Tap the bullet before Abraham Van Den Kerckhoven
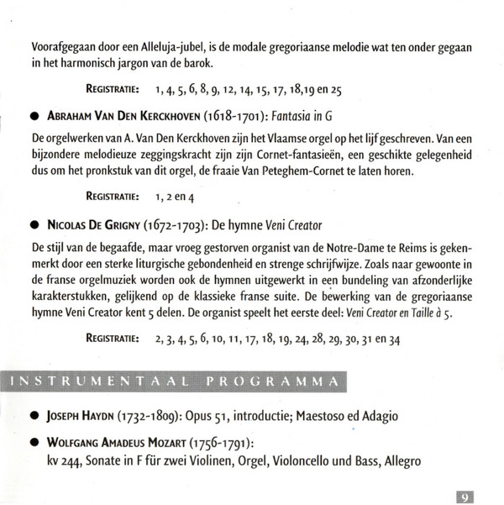34,113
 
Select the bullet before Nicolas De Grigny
34,226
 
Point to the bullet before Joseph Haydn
34,416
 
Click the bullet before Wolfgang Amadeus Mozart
34,441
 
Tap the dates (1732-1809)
160,415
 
